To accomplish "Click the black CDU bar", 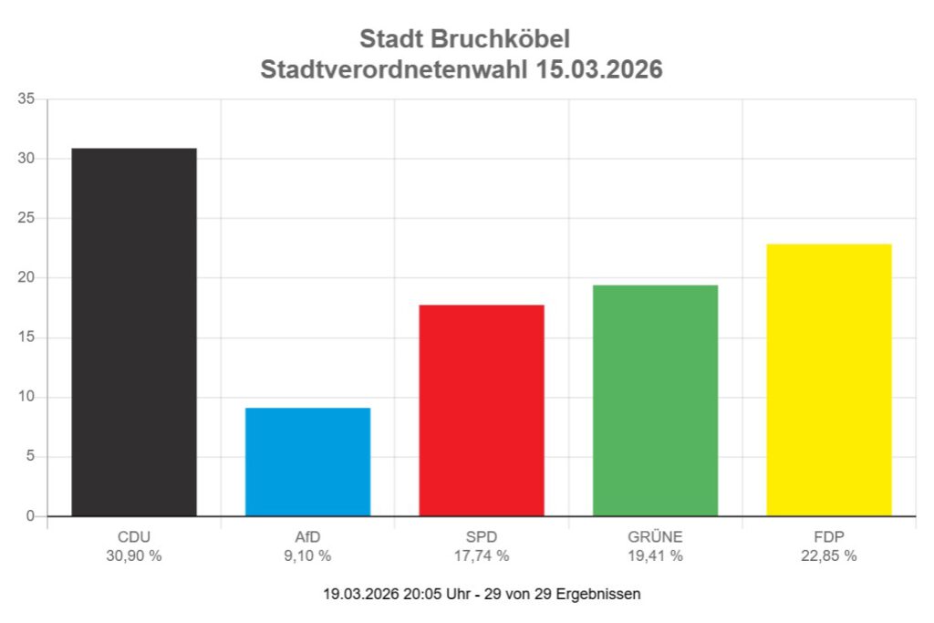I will tap(134, 332).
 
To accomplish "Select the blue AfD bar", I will tap(307, 462).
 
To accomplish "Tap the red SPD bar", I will tap(482, 410).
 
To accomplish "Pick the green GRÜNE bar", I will tap(655, 400).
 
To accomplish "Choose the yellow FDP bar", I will tap(828, 379).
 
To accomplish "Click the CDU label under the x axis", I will tap(134, 536).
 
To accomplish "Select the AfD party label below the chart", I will tap(307, 536).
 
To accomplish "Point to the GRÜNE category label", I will tap(655, 536).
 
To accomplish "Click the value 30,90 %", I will tap(134, 556).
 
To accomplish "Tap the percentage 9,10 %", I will tap(307, 556).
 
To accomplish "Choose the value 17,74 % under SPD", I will tap(482, 556).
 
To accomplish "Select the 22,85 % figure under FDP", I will tap(828, 556).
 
